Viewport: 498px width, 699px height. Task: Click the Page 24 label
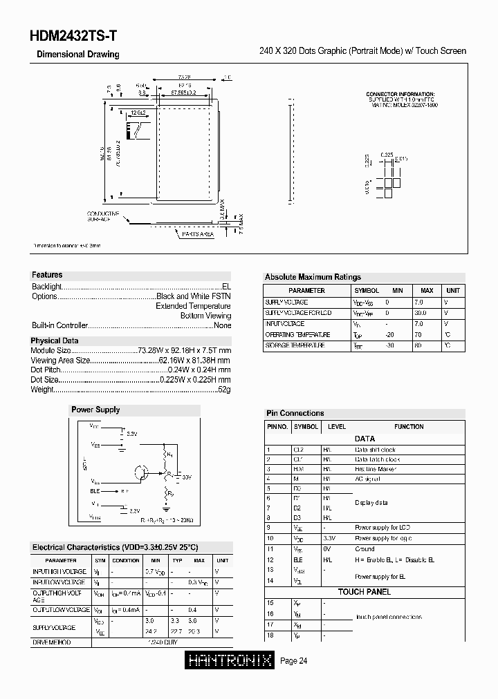pyautogui.click(x=294, y=661)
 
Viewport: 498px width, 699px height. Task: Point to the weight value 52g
pyautogui.click(x=224, y=390)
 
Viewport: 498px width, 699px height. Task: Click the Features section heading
pyautogui.click(x=47, y=275)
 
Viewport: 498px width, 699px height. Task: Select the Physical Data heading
pyautogui.click(x=55, y=341)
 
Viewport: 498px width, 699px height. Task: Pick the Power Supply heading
pyautogui.click(x=95, y=410)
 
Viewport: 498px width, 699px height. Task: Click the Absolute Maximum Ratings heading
pyautogui.click(x=313, y=277)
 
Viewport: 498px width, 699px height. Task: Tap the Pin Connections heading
pyautogui.click(x=295, y=413)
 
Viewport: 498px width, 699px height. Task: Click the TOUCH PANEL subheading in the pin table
pyautogui.click(x=365, y=592)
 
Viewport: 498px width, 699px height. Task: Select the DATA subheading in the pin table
pyautogui.click(x=365, y=439)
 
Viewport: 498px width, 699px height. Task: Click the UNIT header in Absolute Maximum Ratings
pyautogui.click(x=452, y=291)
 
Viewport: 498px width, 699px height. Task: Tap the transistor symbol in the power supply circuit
pyautogui.click(x=141, y=473)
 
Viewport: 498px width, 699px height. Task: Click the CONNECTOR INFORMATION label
pyautogui.click(x=400, y=93)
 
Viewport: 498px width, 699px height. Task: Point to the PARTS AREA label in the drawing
pyautogui.click(x=198, y=235)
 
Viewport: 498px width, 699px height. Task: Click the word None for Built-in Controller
pyautogui.click(x=222, y=325)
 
